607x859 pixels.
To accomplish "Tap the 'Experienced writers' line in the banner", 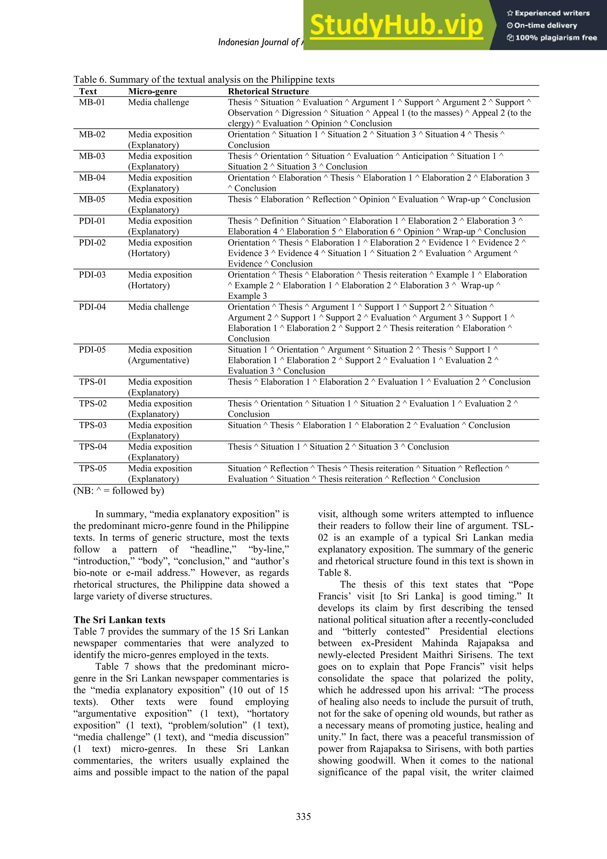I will (x=548, y=13).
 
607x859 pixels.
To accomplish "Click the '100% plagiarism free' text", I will (x=552, y=37).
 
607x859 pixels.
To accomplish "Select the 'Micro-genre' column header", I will (x=152, y=91).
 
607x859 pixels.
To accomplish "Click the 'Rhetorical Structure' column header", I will (x=269, y=91).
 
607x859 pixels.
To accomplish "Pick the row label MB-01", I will (x=92, y=102).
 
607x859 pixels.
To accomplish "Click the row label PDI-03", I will (x=92, y=275).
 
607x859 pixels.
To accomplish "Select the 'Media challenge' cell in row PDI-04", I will (x=159, y=307).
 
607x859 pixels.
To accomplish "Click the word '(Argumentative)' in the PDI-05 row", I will (x=159, y=360).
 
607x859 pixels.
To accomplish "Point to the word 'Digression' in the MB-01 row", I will (x=301, y=113).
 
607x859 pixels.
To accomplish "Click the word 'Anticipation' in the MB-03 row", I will (x=425, y=156).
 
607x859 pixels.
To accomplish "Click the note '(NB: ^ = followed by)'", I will (x=119, y=490).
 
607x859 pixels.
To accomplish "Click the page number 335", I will (x=303, y=816).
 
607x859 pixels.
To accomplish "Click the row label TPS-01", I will (x=93, y=382).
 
